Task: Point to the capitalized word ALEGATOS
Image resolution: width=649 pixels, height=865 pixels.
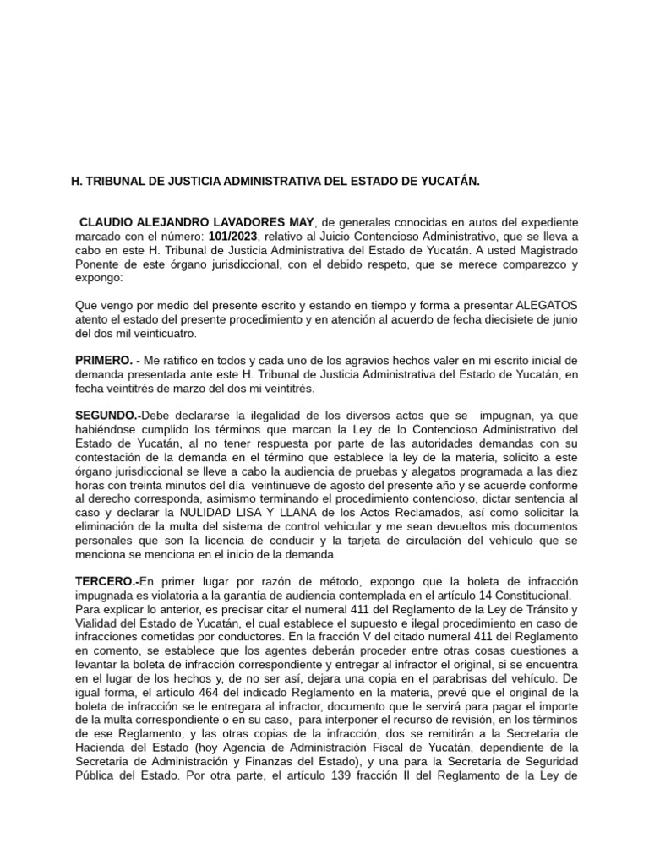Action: point(547,304)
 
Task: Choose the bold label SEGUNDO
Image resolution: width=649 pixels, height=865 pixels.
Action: point(106,417)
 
